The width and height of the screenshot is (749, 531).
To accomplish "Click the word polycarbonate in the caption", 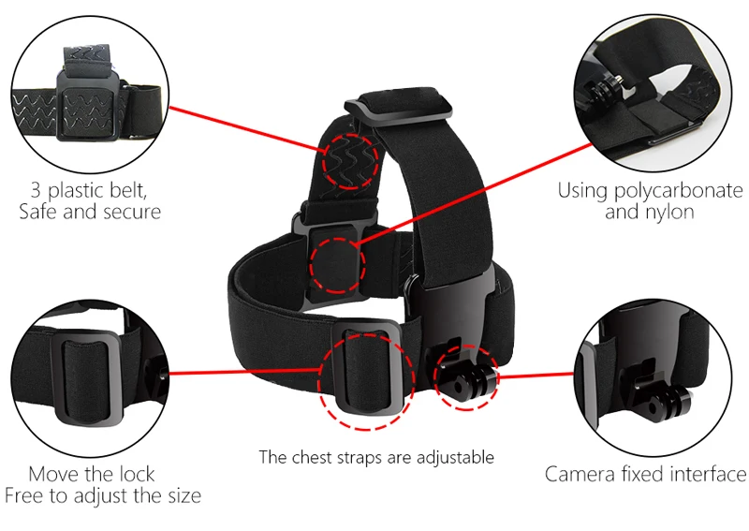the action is point(678,191).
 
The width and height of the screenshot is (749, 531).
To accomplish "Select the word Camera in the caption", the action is point(580,475).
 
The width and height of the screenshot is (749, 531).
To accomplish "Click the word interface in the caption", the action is point(708,475).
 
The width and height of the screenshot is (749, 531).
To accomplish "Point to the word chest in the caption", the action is point(313,457).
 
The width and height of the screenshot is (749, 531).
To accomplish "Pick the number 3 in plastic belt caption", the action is point(37,190).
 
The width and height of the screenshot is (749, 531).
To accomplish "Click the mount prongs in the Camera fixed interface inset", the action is point(663,400).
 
